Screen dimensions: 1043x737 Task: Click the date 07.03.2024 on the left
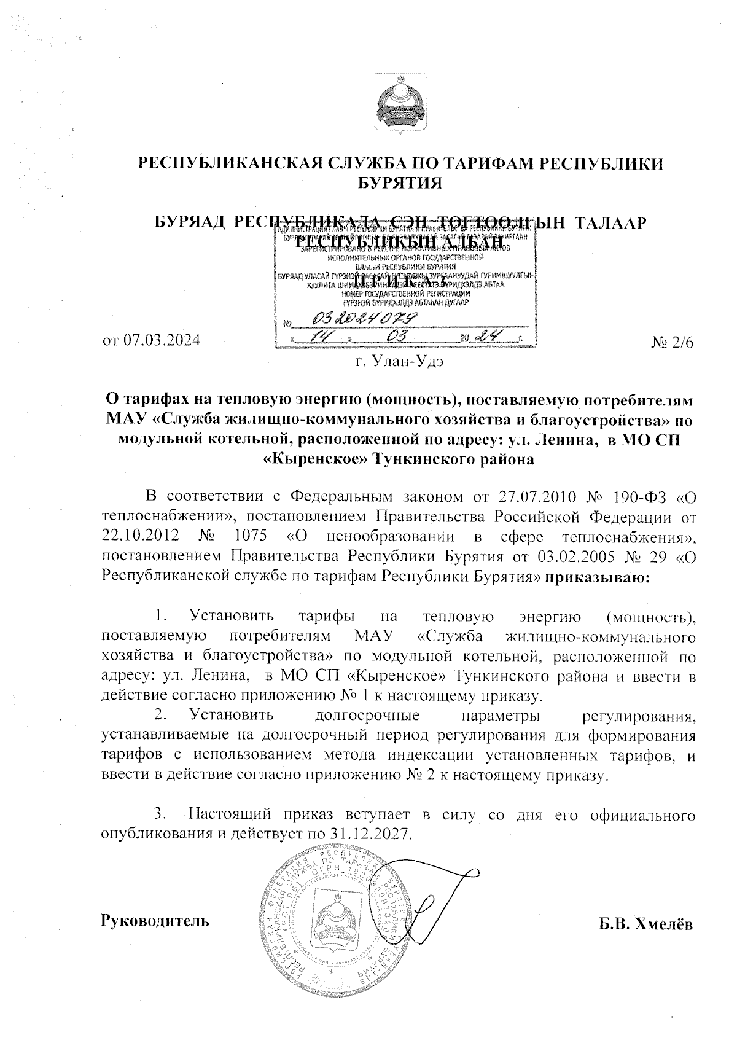pyautogui.click(x=152, y=340)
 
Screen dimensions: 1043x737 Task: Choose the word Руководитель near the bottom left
pyautogui.click(x=154, y=921)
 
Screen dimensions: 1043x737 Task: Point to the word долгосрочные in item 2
pyautogui.click(x=367, y=716)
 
